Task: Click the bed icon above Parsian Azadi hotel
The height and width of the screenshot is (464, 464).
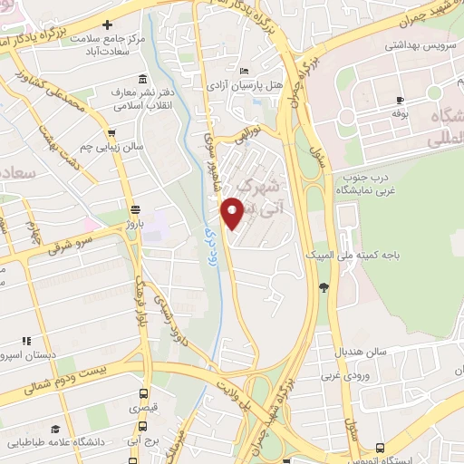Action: coord(243,71)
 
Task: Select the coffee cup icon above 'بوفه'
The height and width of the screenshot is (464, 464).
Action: coord(400,100)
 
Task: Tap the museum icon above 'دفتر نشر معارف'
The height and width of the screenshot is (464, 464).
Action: coord(141,80)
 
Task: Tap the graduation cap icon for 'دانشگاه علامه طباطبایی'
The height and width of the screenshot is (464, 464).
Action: coord(55,429)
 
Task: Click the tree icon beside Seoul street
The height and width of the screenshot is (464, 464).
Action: coord(324,287)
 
